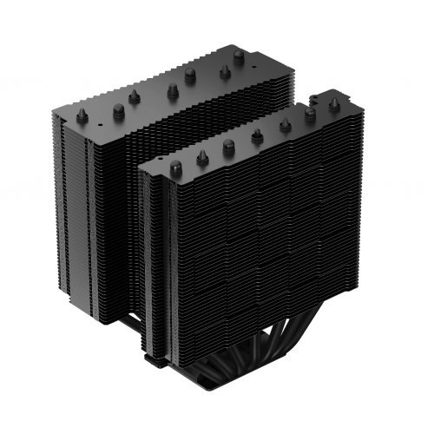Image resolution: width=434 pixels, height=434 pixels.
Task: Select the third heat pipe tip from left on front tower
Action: coord(229,144)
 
